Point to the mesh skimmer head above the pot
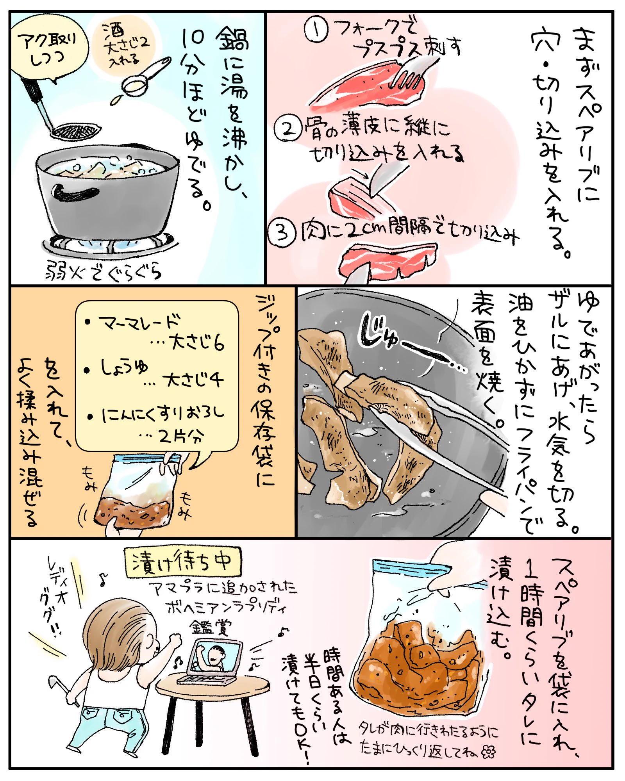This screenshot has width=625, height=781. click(76, 131)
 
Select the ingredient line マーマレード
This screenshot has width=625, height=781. click(139, 323)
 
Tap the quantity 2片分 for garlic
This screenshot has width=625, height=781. click(182, 436)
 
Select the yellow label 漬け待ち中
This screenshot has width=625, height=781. click(183, 562)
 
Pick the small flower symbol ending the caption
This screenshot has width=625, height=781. click(488, 752)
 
